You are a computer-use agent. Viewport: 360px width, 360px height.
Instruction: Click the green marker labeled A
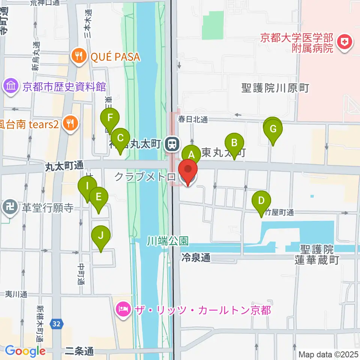tap(192, 154)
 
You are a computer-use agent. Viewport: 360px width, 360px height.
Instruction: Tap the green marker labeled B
tap(234, 143)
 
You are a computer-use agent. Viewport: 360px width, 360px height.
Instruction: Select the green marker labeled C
tap(120, 138)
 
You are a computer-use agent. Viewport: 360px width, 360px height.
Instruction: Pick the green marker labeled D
tap(261, 200)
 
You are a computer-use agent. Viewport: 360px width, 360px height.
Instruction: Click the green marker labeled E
tap(99, 196)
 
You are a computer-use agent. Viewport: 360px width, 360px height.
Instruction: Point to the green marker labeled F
tap(110, 118)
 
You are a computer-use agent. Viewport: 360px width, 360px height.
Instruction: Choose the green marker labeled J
tap(100, 235)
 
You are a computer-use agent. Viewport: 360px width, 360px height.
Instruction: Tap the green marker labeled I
tap(87, 186)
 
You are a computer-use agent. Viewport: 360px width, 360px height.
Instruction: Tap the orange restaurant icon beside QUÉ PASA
tap(78, 57)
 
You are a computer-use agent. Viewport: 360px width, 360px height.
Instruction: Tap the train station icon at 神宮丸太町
tap(172, 144)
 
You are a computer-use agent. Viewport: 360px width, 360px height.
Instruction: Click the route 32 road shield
tap(56, 323)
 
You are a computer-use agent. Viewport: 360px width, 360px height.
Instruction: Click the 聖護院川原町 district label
tap(275, 88)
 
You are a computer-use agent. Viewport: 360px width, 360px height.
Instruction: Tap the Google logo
tap(25, 351)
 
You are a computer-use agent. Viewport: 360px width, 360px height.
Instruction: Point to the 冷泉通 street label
tap(195, 258)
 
